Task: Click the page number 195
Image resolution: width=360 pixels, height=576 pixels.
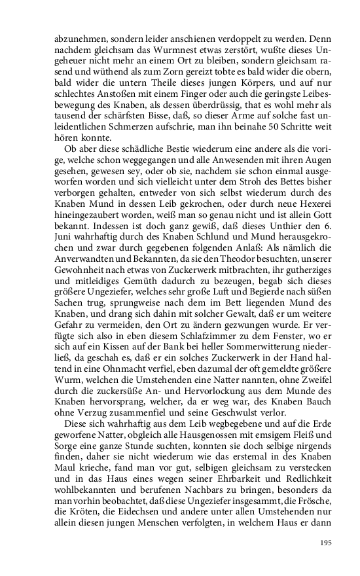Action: tap(325, 542)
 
